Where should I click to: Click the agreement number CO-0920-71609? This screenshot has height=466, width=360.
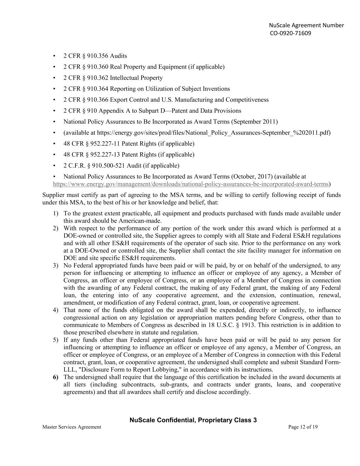290,33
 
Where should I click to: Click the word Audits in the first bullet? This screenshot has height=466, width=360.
118,56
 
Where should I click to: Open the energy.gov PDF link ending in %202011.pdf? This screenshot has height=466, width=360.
214,133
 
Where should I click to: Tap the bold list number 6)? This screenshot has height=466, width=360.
55,377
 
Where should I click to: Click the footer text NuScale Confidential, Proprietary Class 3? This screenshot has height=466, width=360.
193,420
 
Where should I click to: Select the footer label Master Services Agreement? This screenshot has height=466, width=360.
72,427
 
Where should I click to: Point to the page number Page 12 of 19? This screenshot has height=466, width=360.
303,427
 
